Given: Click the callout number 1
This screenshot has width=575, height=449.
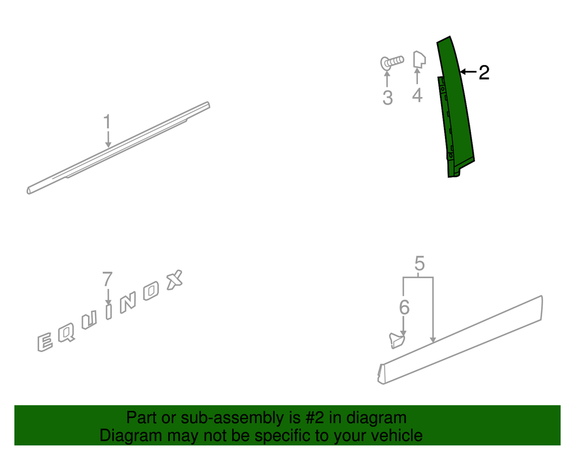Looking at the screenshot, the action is pyautogui.click(x=107, y=121).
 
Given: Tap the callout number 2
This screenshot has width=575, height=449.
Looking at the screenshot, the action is pyautogui.click(x=484, y=72).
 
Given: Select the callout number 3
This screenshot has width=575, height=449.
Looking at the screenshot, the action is pyautogui.click(x=387, y=98).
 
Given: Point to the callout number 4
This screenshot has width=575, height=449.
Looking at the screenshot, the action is pyautogui.click(x=417, y=95).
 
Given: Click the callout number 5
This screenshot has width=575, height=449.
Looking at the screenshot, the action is pyautogui.click(x=420, y=263).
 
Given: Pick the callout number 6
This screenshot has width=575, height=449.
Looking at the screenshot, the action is pyautogui.click(x=404, y=307).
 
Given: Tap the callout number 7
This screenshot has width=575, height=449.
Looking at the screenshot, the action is pyautogui.click(x=107, y=279).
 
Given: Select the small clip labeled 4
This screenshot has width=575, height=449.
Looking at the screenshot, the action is pyautogui.click(x=419, y=60).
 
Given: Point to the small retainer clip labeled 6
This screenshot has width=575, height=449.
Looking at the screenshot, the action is pyautogui.click(x=397, y=340).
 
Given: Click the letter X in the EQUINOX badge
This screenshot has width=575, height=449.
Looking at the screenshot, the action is pyautogui.click(x=175, y=280).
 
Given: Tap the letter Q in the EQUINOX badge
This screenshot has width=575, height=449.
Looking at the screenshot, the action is pyautogui.click(x=66, y=333).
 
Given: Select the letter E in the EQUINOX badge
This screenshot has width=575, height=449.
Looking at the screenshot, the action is pyautogui.click(x=45, y=342).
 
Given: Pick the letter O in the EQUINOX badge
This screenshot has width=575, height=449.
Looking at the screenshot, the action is pyautogui.click(x=151, y=291).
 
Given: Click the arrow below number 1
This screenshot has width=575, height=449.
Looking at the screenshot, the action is pyautogui.click(x=108, y=139).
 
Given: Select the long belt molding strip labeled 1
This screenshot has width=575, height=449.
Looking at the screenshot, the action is pyautogui.click(x=118, y=148).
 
